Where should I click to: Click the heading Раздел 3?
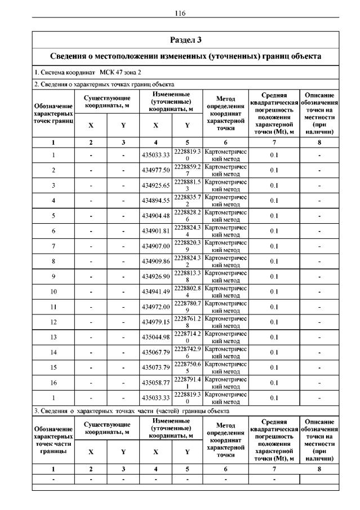[185, 40]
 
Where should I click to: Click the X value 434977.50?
[155, 170]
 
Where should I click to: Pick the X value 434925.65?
[155, 185]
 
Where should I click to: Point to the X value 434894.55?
[155, 200]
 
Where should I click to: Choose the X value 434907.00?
[155, 246]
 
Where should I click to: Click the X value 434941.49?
[155, 291]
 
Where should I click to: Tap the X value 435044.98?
[155, 337]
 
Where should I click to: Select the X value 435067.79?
[155, 352]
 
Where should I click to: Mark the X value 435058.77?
[155, 383]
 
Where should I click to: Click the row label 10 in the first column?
[54, 291]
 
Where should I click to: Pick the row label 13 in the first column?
[54, 337]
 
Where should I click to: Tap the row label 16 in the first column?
[54, 383]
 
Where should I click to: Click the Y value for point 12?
[187, 322]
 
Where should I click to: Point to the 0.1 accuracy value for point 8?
[274, 261]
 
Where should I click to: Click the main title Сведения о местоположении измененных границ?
[185, 56]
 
